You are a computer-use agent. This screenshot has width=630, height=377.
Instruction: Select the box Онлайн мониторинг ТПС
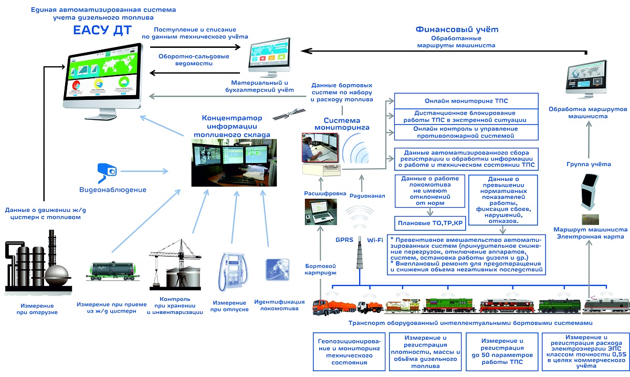click(466, 101)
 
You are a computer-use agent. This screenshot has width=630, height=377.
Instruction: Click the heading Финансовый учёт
click(456, 29)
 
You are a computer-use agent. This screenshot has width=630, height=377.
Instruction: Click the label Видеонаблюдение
click(113, 190)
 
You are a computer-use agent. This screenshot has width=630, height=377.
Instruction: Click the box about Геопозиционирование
click(345, 352)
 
